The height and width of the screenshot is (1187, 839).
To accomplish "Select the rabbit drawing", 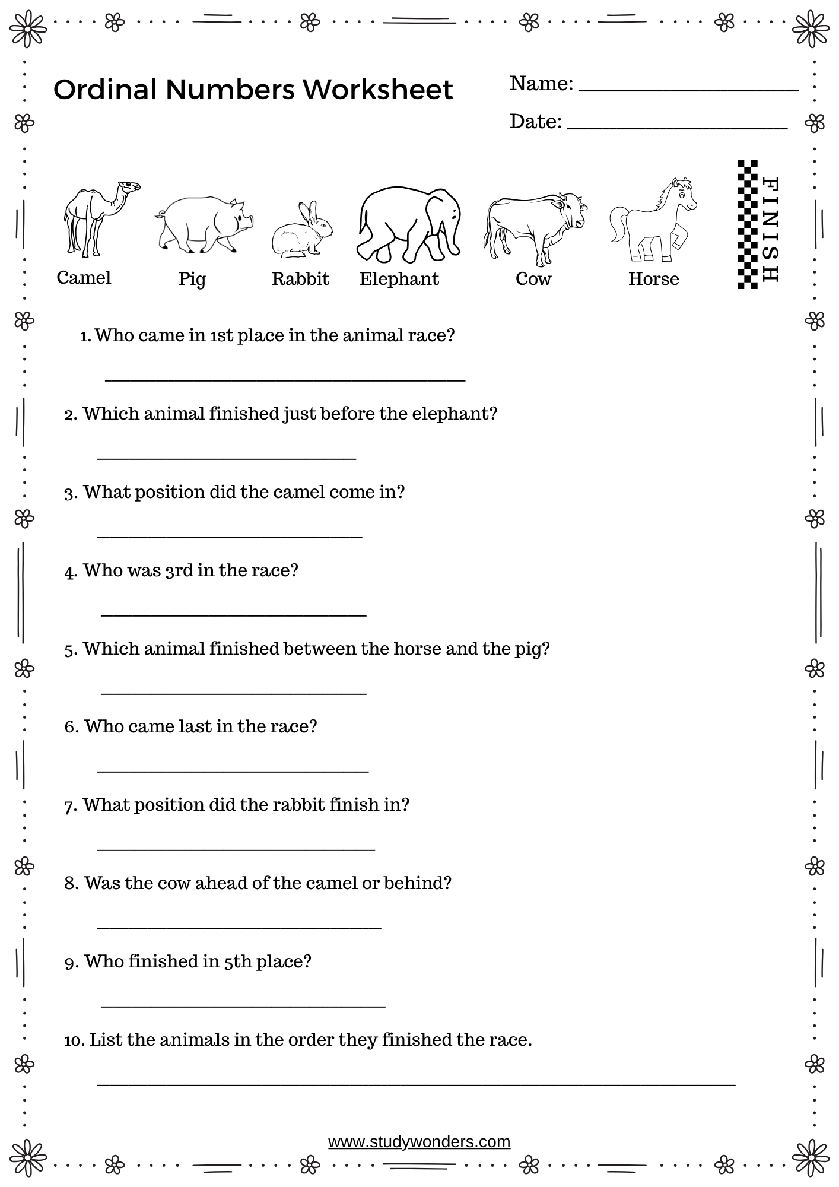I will tap(302, 231).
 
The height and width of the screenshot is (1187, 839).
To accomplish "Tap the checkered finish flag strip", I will tap(748, 224).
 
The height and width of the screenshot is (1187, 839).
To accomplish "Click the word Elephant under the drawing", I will tap(399, 279).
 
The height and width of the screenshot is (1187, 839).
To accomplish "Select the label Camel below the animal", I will tap(84, 278).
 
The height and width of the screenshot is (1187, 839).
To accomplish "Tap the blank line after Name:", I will tap(688, 90).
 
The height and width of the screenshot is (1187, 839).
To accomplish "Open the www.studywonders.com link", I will tap(419, 1141).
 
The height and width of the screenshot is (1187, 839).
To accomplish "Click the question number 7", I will tap(70, 806).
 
